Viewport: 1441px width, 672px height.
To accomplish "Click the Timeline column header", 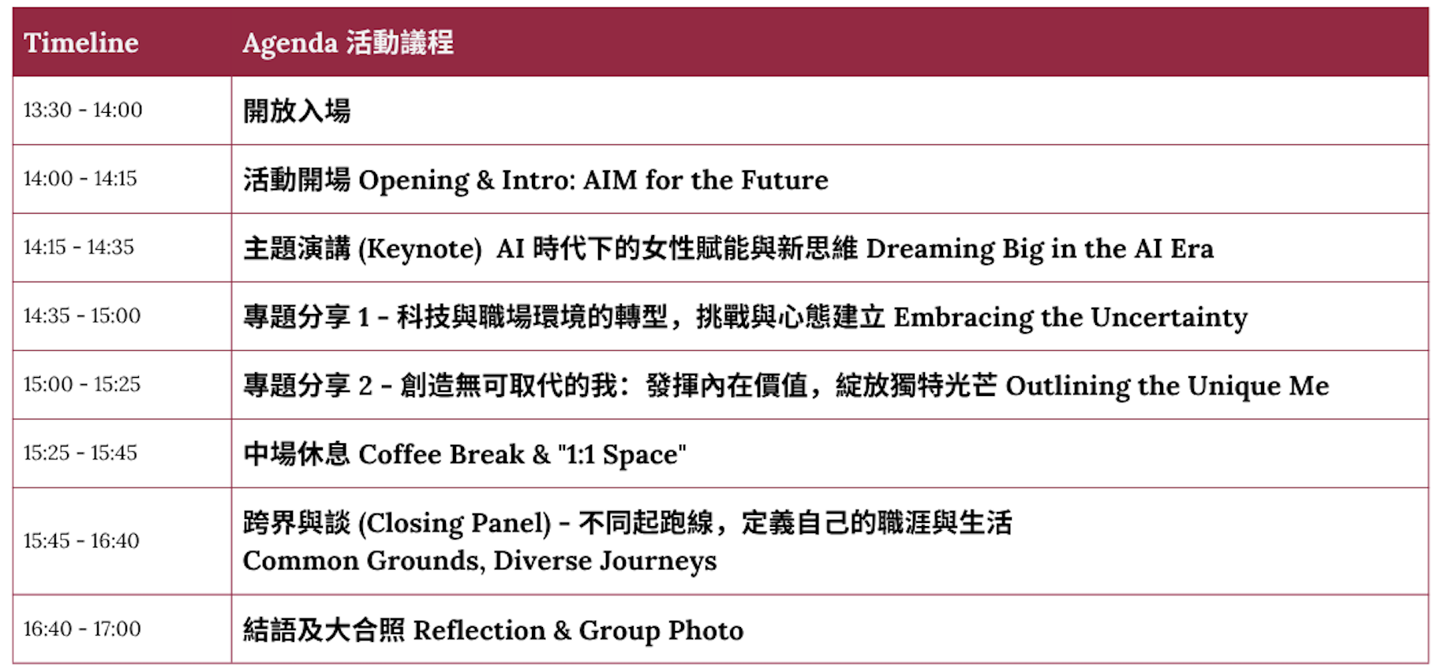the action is pyautogui.click(x=81, y=43).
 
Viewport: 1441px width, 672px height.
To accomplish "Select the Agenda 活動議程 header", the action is pyautogui.click(x=348, y=43).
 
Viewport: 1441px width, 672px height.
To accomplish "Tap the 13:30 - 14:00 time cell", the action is pyautogui.click(x=83, y=110).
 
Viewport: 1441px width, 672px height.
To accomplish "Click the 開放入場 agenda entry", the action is pyautogui.click(x=297, y=110).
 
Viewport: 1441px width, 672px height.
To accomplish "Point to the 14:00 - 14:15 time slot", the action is pyautogui.click(x=80, y=178).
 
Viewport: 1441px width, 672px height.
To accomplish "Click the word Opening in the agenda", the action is pyautogui.click(x=414, y=181).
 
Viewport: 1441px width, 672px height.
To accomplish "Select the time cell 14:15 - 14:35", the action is pyautogui.click(x=79, y=247).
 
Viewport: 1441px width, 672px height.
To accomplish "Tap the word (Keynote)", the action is pyautogui.click(x=420, y=249).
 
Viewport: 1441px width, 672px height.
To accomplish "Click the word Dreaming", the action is pyautogui.click(x=930, y=249).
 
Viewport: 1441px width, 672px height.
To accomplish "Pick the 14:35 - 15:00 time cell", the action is pyautogui.click(x=82, y=315).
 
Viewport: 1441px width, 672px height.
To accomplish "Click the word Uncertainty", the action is pyautogui.click(x=1170, y=317).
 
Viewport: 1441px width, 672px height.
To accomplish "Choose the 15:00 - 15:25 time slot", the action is pyautogui.click(x=82, y=384).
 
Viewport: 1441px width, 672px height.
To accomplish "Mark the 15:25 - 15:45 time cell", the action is pyautogui.click(x=80, y=453).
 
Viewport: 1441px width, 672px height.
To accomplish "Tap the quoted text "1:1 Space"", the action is pyautogui.click(x=622, y=455).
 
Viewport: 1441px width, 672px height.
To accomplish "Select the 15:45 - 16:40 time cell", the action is pyautogui.click(x=81, y=540).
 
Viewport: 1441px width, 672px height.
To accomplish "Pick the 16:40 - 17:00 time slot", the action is pyautogui.click(x=82, y=629).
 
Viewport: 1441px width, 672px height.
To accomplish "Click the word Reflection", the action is pyautogui.click(x=480, y=630).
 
